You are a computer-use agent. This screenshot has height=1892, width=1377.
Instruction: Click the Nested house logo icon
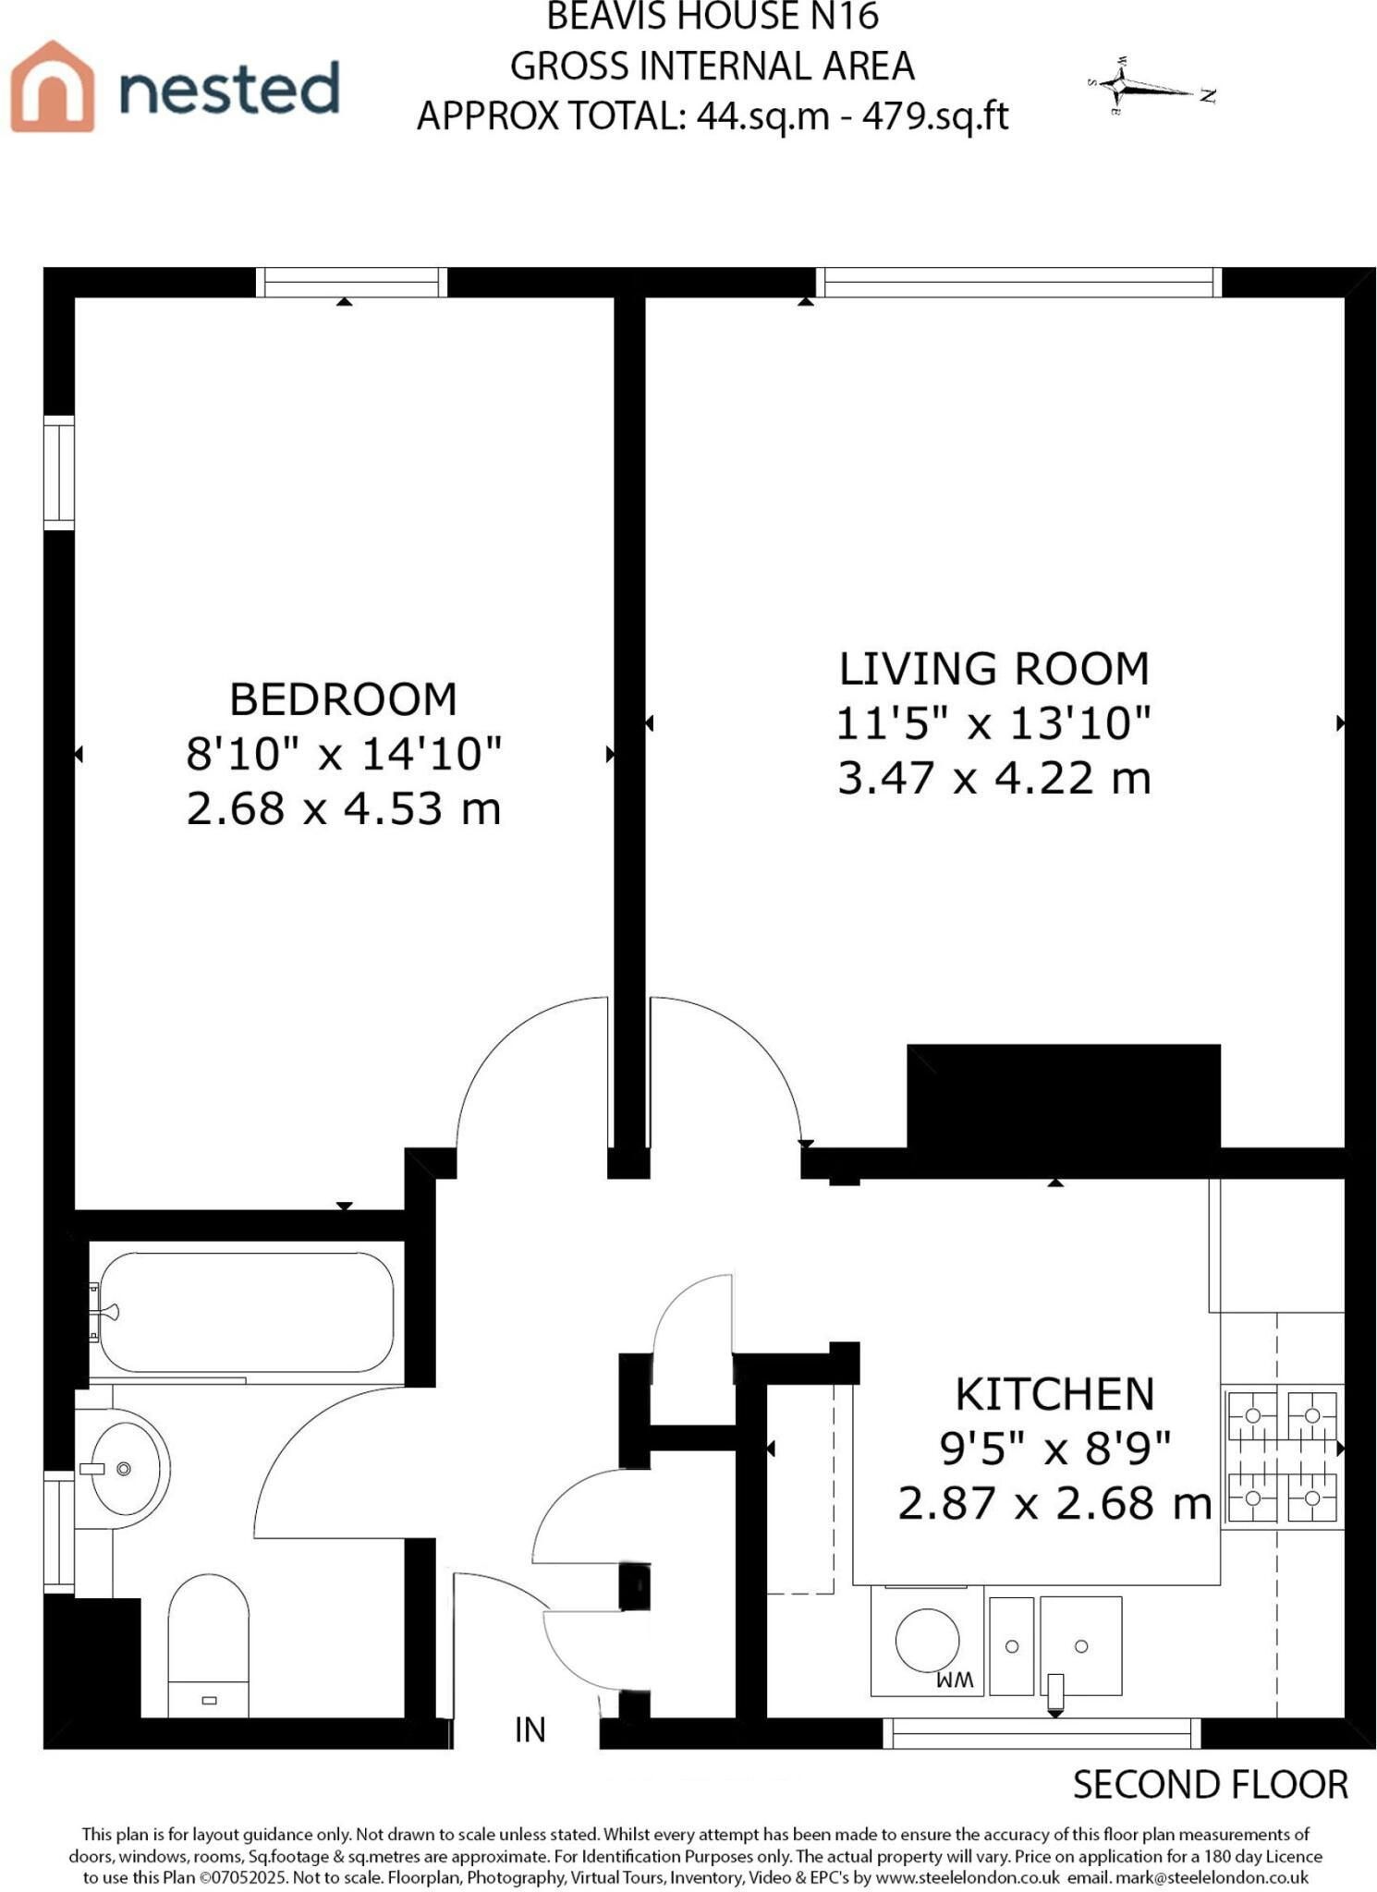pos(53,85)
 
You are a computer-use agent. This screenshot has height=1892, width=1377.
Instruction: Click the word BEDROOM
pos(343,699)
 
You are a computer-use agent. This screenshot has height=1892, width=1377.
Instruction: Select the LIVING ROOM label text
pos(993,669)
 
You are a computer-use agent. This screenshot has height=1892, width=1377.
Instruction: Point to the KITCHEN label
pos(1054,1394)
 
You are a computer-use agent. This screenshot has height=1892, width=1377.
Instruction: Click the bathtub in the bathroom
pos(246,1312)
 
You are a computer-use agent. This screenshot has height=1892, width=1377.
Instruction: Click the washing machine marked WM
pos(927,1641)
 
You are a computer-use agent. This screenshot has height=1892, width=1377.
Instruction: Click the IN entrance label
pos(530,1729)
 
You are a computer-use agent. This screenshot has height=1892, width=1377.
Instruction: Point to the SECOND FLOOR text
pos(1210,1785)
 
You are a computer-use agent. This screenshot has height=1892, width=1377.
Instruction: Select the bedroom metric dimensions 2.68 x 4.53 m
pos(344,809)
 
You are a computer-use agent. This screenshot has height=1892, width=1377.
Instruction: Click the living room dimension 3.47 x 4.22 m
pos(994,778)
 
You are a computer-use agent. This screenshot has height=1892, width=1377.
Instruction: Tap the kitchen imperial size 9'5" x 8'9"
pos(1055,1448)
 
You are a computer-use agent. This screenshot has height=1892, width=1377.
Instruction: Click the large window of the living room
pos(1018,282)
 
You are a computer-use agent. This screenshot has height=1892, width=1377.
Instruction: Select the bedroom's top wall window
pos(351,282)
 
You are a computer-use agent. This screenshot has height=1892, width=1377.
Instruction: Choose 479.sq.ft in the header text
pos(935,116)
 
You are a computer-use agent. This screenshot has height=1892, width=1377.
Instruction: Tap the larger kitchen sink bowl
pos(1080,1645)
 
